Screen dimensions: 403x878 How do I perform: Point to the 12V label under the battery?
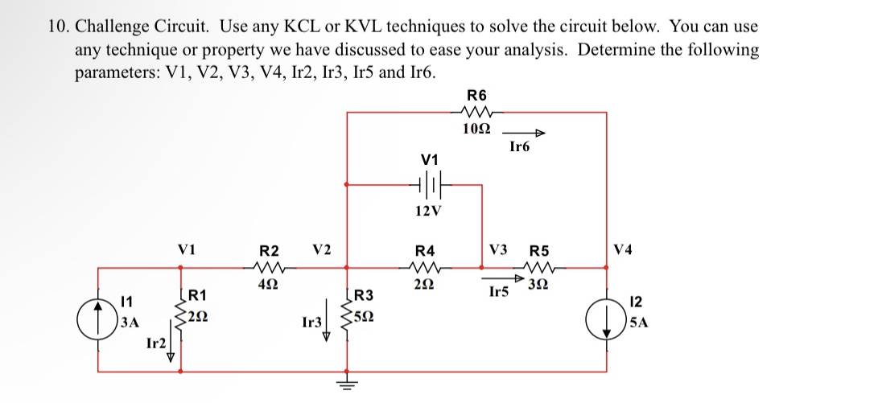(x=427, y=212)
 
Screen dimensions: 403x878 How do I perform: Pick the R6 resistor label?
(x=476, y=93)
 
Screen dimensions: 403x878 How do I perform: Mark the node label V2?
(x=321, y=249)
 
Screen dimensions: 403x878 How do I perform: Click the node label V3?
(x=499, y=249)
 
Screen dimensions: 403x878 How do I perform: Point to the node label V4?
(x=624, y=249)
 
